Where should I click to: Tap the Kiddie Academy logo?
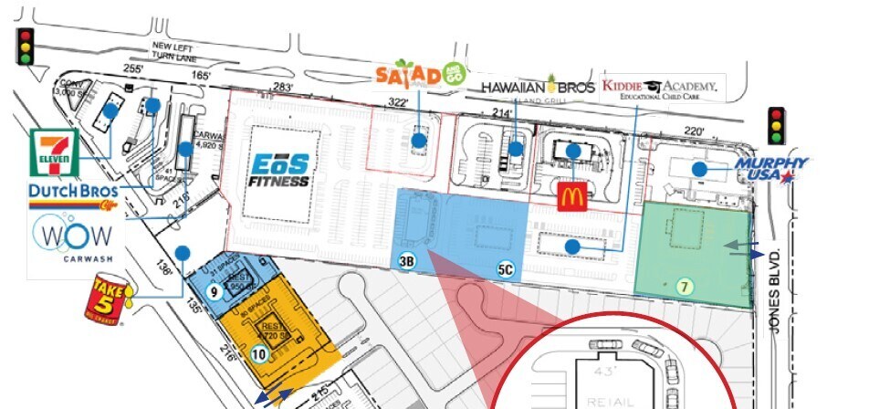pos(659,89)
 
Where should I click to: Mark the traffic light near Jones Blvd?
pos(777,126)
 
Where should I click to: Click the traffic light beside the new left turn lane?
pos(26,47)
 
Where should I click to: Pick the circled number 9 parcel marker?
pos(212,293)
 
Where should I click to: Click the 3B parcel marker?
pos(407,263)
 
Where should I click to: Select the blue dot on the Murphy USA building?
pos(699,169)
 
